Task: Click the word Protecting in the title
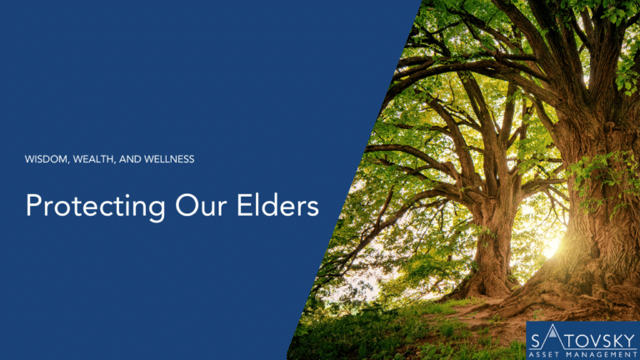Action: pyautogui.click(x=96, y=206)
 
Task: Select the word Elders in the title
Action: pyautogui.click(x=278, y=204)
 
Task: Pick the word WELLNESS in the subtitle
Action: pyautogui.click(x=169, y=159)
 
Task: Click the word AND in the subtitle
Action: pyautogui.click(x=130, y=159)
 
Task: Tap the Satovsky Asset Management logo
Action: pyautogui.click(x=582, y=341)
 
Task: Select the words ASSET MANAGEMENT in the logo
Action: pyautogui.click(x=582, y=355)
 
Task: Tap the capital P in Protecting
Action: pyautogui.click(x=34, y=205)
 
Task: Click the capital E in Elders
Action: pyautogui.click(x=244, y=205)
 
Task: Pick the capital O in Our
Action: pyautogui.click(x=186, y=205)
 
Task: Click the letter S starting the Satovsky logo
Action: pyautogui.click(x=536, y=341)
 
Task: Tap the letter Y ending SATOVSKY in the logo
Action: pyautogui.click(x=629, y=341)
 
